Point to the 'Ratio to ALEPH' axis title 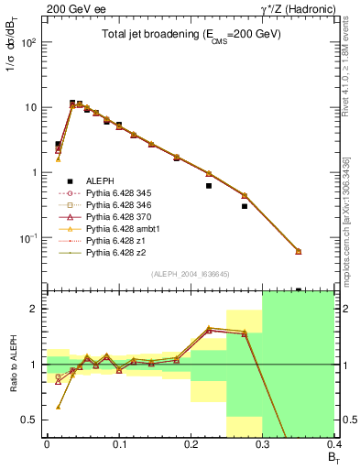[x=12, y=364]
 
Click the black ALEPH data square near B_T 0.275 [x=245, y=206]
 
